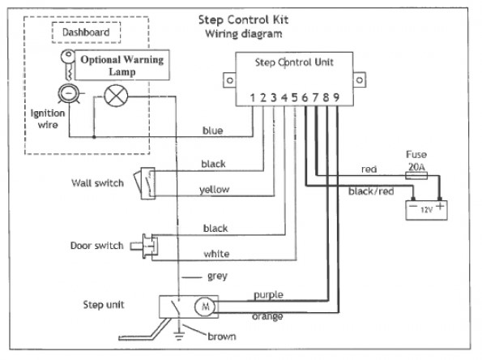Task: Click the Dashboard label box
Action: tap(86, 32)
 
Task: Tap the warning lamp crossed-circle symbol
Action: tap(116, 96)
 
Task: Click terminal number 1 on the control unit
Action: tap(253, 97)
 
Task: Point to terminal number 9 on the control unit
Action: tap(336, 97)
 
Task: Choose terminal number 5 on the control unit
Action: tap(295, 97)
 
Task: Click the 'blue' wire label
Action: tap(212, 131)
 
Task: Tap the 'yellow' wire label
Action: tap(214, 190)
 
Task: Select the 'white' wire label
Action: tap(216, 254)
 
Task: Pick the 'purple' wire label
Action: tap(268, 295)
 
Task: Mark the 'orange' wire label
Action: tap(267, 316)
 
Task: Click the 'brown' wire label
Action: tap(222, 336)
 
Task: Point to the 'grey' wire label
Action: tap(217, 276)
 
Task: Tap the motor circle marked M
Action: tap(205, 306)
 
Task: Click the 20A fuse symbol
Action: tap(416, 176)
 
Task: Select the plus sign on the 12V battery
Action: tap(440, 206)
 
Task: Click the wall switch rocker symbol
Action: tap(144, 183)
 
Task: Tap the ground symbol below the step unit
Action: tap(178, 336)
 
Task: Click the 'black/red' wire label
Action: tap(371, 191)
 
